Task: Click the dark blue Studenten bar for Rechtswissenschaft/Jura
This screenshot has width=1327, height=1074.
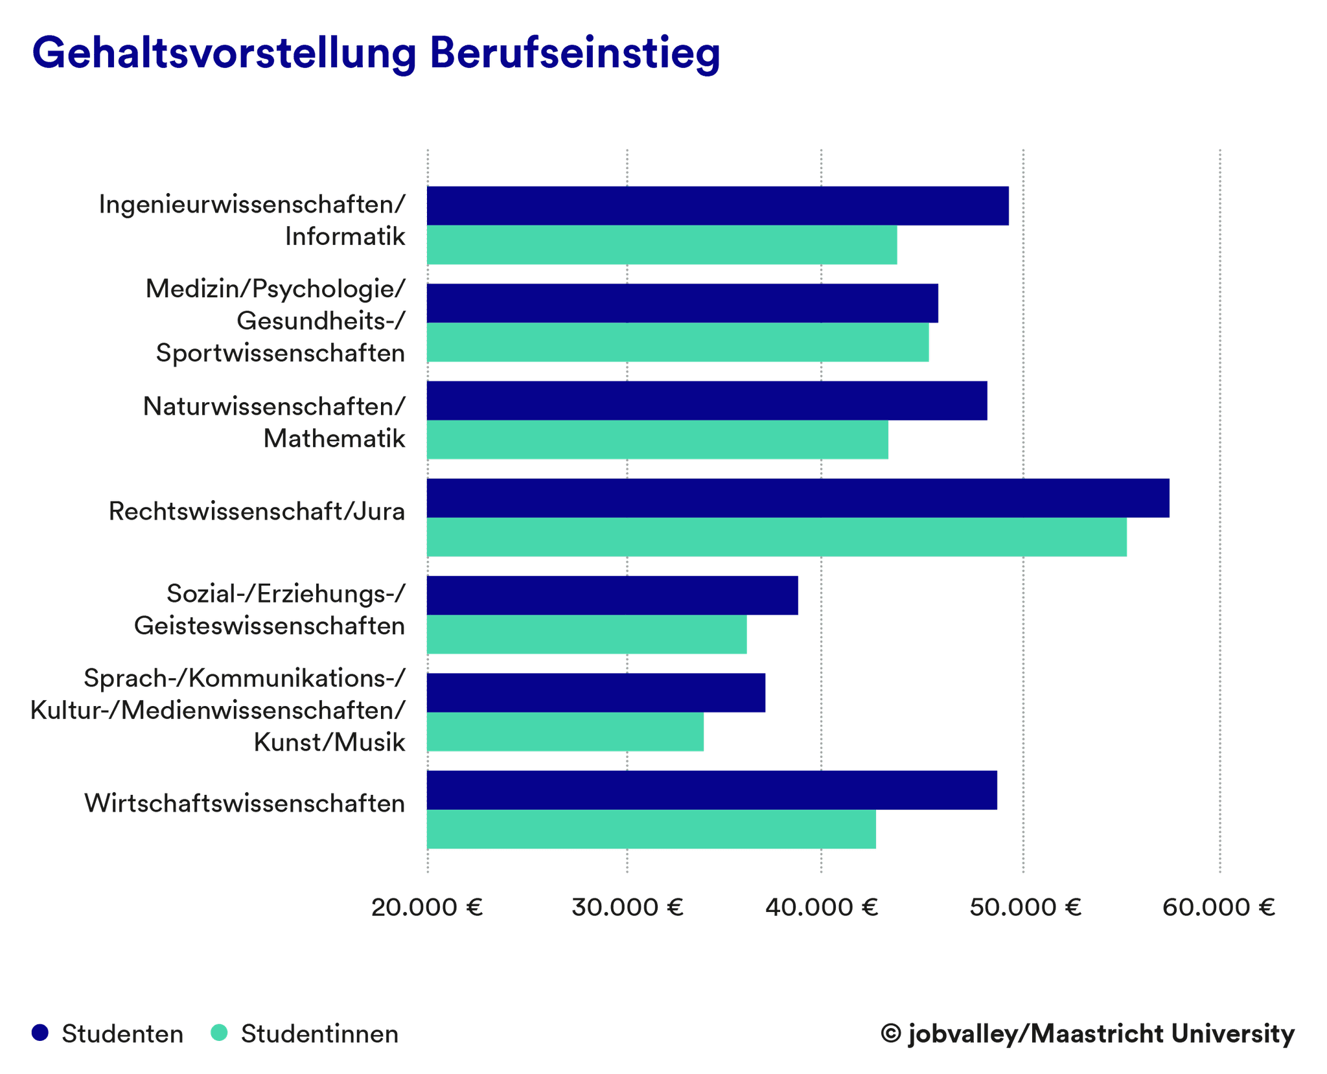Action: [798, 498]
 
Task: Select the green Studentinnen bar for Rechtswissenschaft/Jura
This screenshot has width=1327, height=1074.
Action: [776, 537]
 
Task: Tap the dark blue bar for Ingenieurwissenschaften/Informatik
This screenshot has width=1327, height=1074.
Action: [717, 206]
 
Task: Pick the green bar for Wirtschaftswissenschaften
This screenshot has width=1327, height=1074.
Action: [651, 829]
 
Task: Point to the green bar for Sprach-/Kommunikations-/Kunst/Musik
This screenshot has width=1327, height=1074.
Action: [565, 732]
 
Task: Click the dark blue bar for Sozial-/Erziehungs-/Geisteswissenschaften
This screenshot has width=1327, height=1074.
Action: [612, 595]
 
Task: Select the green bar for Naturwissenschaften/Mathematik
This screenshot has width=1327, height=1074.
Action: [657, 440]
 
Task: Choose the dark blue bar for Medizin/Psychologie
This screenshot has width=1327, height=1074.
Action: [682, 303]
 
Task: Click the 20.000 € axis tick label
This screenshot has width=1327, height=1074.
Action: [427, 908]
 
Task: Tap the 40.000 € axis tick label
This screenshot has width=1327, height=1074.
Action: [821, 908]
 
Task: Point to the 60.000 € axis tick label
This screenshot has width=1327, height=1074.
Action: [1218, 908]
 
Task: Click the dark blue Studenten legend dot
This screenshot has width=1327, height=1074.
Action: [40, 1033]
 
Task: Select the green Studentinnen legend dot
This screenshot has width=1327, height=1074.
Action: [220, 1033]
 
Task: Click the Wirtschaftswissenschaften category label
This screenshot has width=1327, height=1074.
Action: [245, 803]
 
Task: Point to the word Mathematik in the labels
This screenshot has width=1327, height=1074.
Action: [334, 439]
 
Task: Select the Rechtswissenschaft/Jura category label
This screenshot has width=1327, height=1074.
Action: [257, 511]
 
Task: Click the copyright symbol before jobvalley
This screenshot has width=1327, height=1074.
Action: [891, 1033]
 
